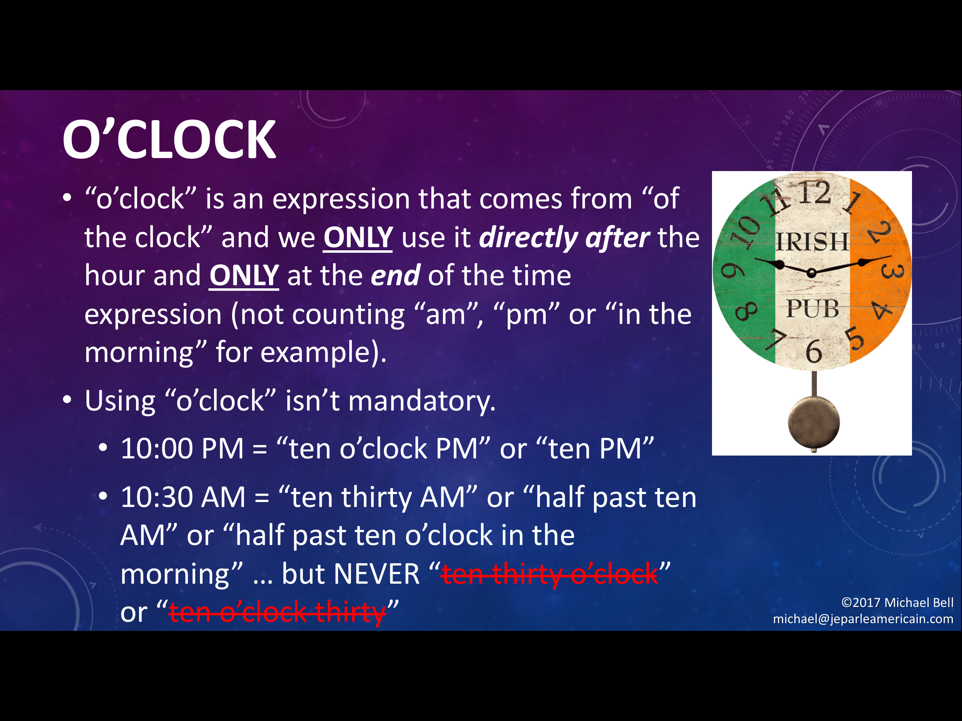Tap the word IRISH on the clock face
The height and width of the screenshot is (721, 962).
(812, 242)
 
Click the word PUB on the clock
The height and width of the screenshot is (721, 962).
(812, 309)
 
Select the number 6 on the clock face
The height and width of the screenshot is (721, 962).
(814, 351)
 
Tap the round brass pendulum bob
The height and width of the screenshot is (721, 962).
(814, 422)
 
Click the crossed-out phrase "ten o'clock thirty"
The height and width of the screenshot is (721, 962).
(277, 612)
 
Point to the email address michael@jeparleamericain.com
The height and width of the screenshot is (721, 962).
(863, 619)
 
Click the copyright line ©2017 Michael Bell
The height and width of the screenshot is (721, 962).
(897, 602)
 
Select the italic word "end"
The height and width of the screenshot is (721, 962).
(395, 275)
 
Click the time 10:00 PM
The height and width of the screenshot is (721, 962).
(182, 449)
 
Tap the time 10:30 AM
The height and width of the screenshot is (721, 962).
(183, 497)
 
